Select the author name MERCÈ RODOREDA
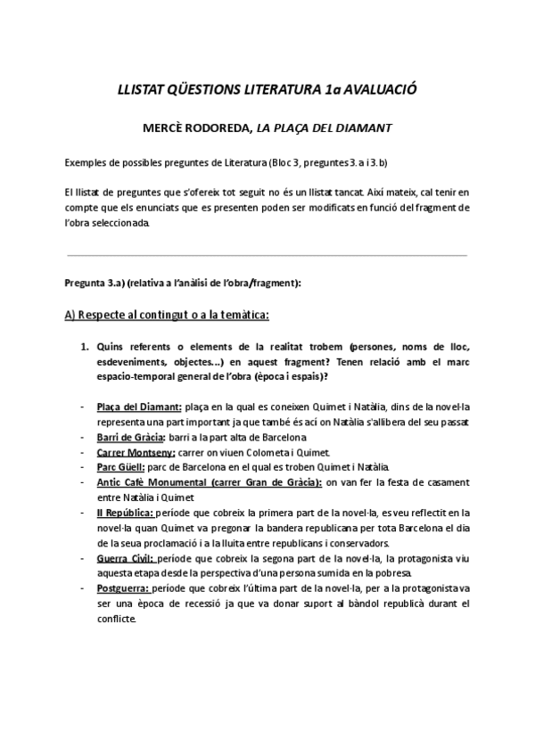[x=196, y=127]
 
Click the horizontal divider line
[x=267, y=255]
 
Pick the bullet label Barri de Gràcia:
[x=129, y=437]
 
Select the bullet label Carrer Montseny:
[x=135, y=452]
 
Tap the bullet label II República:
[x=125, y=513]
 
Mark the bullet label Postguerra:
[x=123, y=588]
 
